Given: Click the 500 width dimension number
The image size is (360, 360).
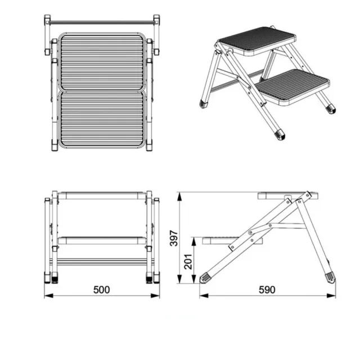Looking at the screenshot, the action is (x=101, y=290).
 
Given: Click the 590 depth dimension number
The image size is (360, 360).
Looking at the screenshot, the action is (x=267, y=290).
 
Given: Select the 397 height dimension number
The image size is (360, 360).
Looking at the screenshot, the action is (x=174, y=238).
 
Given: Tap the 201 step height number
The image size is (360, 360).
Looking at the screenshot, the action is (x=188, y=262).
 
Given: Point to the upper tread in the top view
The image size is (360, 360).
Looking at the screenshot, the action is (x=102, y=62).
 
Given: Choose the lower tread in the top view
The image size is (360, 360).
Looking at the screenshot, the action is (x=102, y=119).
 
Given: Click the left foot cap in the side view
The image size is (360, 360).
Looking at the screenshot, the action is (x=205, y=278).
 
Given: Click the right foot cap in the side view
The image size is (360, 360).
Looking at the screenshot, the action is (x=330, y=277).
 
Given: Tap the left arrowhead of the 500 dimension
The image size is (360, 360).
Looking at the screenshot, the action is (x=48, y=296).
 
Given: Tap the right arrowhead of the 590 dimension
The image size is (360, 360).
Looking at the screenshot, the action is (x=331, y=296).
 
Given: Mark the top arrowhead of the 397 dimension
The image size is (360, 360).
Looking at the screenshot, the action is (x=179, y=197).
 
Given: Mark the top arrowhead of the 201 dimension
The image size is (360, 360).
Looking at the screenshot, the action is (x=194, y=242).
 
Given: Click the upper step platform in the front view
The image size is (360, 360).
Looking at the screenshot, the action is (x=102, y=196).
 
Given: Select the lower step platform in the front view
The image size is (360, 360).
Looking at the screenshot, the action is (x=102, y=240).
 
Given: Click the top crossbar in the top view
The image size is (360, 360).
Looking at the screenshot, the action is (x=102, y=22).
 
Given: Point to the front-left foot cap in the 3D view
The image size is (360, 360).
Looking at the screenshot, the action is (x=204, y=104).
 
